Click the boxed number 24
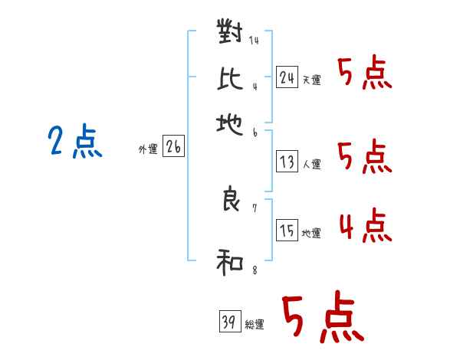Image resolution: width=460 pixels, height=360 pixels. [x=287, y=77]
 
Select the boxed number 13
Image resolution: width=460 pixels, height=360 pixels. [x=287, y=162]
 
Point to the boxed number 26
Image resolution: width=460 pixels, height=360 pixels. [x=173, y=148]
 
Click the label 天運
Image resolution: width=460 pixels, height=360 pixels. [x=311, y=80]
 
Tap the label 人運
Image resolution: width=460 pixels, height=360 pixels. [x=311, y=164]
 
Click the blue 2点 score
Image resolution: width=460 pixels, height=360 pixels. [x=75, y=142]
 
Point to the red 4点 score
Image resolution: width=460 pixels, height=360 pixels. [x=364, y=227]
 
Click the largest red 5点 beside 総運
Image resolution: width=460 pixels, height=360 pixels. [x=322, y=318]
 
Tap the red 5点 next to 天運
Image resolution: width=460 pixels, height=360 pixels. [x=364, y=74]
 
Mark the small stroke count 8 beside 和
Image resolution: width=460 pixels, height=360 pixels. [x=254, y=270]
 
